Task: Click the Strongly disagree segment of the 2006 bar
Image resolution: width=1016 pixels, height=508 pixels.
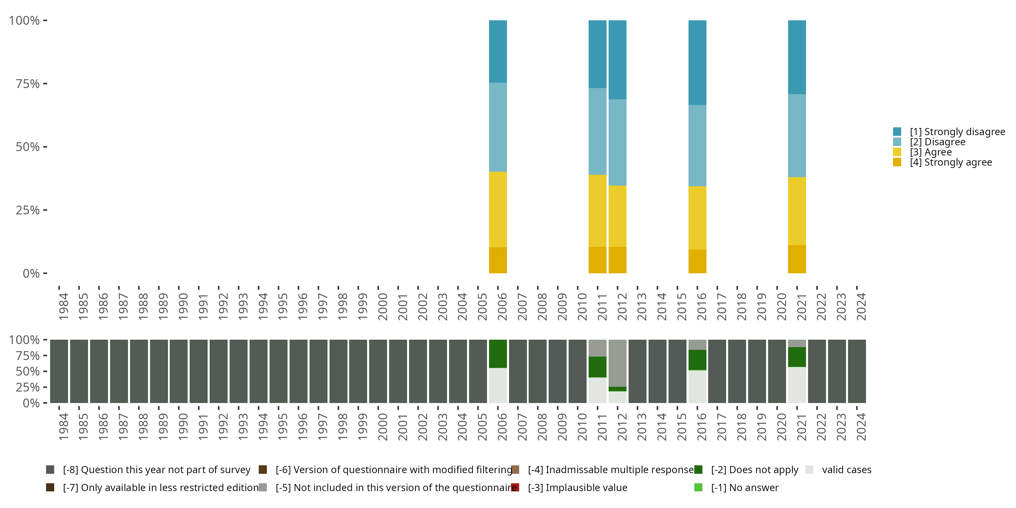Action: [x=498, y=51]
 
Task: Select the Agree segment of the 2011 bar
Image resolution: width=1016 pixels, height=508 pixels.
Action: [x=597, y=211]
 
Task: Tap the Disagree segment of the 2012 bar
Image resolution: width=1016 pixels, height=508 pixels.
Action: [x=617, y=142]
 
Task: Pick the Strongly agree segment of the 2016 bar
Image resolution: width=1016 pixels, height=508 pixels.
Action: [x=697, y=261]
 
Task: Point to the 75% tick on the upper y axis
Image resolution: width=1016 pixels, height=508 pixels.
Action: [x=45, y=84]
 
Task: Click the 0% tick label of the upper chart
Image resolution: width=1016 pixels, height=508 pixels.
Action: [x=31, y=273]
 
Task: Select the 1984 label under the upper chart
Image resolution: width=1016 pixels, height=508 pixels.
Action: [x=63, y=306]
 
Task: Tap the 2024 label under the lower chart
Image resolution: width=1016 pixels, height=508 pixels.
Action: [x=861, y=427]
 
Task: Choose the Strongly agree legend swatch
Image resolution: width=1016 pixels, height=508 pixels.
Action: [x=897, y=162]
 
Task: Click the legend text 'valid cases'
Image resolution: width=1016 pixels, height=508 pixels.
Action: [x=846, y=470]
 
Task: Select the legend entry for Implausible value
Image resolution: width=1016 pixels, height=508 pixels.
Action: [x=577, y=487]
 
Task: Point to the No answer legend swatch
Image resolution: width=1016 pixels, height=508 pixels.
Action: [x=698, y=487]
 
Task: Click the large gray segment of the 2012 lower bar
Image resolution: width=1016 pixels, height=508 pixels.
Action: [x=617, y=363]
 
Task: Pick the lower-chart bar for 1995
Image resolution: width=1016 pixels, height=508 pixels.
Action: [x=278, y=371]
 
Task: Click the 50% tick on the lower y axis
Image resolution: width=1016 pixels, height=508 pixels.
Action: [x=45, y=371]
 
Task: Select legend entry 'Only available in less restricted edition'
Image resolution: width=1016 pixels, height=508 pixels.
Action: [x=161, y=487]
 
